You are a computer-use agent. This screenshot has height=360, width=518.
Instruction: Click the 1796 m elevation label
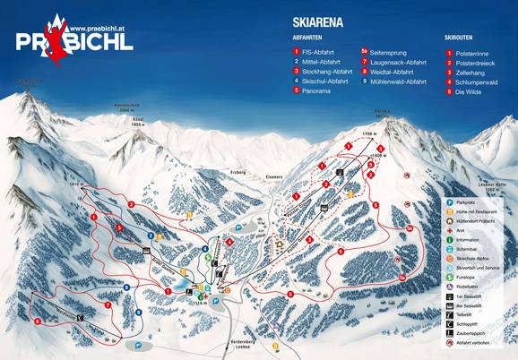(x=359, y=132)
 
